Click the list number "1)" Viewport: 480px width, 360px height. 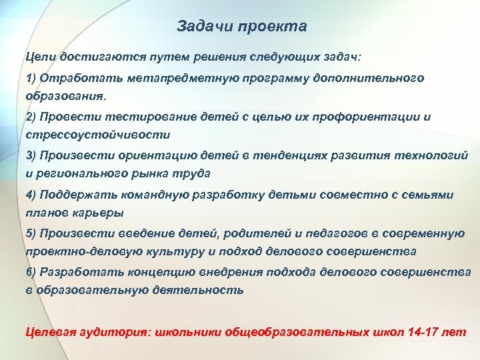pyautogui.click(x=31, y=79)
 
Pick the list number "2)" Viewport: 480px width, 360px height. pyautogui.click(x=31, y=117)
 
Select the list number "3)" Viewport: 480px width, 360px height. pyautogui.click(x=31, y=156)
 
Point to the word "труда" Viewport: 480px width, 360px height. pyautogui.click(x=194, y=173)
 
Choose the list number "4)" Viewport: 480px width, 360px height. pyautogui.click(x=31, y=195)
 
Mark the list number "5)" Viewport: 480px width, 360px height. pyautogui.click(x=31, y=233)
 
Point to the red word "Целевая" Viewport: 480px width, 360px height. pyautogui.click(x=49, y=331)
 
